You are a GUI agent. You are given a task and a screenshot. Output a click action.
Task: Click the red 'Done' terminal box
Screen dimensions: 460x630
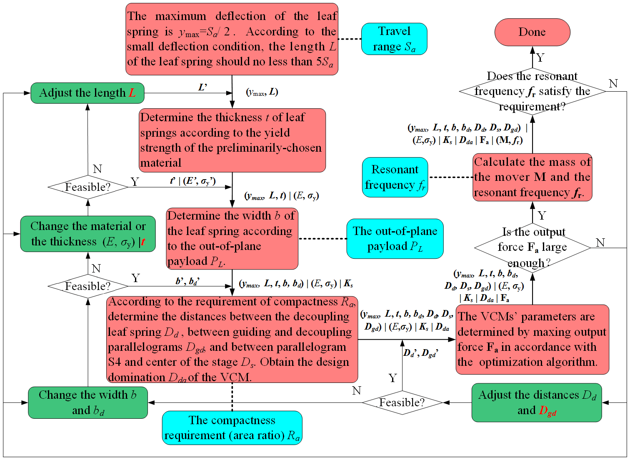point(532,32)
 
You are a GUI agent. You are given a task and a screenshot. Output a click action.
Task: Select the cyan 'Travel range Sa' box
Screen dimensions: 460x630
point(394,39)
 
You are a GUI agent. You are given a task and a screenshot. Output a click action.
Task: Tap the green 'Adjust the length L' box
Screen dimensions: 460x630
point(87,93)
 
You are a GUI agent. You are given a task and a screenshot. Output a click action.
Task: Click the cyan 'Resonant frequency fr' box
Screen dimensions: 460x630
point(395,177)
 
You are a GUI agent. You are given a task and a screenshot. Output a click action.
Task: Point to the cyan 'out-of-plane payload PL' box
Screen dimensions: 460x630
point(395,239)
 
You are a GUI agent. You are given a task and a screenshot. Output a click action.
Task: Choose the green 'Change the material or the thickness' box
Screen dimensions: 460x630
point(88,234)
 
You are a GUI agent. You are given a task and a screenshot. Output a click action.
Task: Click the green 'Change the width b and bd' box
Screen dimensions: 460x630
point(88,402)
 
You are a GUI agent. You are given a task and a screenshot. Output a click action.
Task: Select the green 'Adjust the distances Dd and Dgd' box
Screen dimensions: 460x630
point(537,402)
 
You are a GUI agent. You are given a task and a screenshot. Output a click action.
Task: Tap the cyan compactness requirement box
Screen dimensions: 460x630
point(232,428)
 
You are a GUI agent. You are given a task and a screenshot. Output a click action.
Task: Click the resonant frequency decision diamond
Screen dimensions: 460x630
point(532,91)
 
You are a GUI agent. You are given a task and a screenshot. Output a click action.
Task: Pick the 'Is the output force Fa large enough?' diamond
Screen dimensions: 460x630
point(532,247)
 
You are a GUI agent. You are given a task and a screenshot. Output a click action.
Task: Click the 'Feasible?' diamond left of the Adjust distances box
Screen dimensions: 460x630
point(402,402)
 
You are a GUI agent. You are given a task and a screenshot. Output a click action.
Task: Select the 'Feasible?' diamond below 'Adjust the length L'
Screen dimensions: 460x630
point(88,187)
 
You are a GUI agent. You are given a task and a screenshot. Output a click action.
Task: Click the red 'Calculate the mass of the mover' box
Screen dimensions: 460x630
point(532,177)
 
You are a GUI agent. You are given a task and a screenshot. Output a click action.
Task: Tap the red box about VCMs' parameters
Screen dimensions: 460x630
point(532,339)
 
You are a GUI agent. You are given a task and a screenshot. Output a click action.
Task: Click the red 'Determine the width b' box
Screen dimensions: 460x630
point(232,238)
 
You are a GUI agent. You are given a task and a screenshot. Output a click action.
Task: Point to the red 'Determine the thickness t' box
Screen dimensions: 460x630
point(232,140)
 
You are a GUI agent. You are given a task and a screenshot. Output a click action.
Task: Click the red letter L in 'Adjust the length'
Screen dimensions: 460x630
point(132,92)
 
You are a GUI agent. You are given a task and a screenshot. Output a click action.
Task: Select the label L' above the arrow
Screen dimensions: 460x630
point(202,87)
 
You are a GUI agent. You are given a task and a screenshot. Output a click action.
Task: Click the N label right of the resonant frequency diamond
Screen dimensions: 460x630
point(613,83)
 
